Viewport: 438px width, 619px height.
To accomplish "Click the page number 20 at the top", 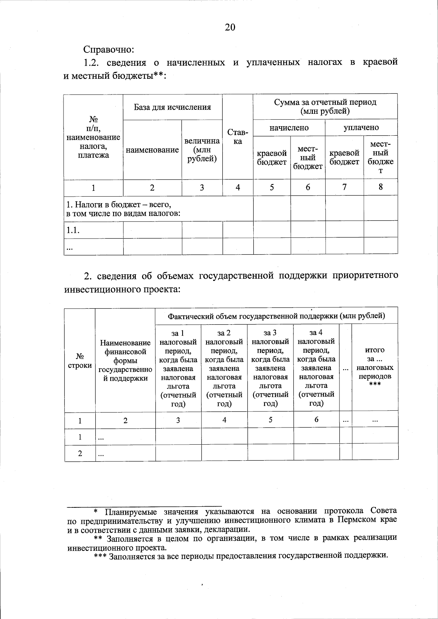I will point(230,27).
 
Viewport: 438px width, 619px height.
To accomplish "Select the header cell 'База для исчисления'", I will point(172,107).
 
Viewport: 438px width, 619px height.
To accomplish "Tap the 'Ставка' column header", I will point(238,136).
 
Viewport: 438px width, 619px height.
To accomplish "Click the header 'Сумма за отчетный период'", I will point(325,107).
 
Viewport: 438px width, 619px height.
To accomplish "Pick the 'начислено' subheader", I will point(289,128).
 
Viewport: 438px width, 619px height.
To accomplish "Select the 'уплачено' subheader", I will point(361,128).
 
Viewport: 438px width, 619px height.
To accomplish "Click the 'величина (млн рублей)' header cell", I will point(202,150).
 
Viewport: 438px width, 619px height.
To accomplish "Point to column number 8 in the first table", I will point(380,187).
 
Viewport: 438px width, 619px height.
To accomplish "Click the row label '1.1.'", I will point(73,230).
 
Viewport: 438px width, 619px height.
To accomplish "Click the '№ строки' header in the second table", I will point(80,360).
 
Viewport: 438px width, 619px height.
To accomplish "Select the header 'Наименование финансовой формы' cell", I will point(125,360).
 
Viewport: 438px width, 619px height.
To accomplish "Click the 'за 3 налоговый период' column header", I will point(270,368).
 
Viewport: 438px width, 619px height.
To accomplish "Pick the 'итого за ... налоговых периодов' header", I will point(375,368).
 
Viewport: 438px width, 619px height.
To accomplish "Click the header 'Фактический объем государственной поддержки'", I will point(276,316).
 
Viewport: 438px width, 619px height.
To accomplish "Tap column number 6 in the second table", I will point(316,419).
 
